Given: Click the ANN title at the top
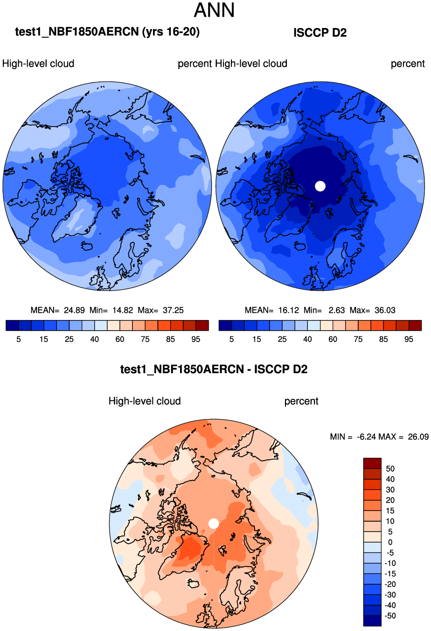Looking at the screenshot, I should pyautogui.click(x=215, y=10).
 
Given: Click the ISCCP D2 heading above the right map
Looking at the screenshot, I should pyautogui.click(x=320, y=33).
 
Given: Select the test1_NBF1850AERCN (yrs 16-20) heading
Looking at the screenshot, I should pyautogui.click(x=107, y=32).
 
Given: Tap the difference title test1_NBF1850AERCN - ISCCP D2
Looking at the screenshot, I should pyautogui.click(x=214, y=369).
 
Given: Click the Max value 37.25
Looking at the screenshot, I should pyautogui.click(x=173, y=310).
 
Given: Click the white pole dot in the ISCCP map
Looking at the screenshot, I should pyautogui.click(x=320, y=186).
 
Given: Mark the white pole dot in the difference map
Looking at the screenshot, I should pyautogui.click(x=214, y=524).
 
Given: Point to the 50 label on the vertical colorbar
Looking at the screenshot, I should pyautogui.click(x=390, y=468).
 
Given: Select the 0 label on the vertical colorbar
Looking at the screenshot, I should pyautogui.click(x=390, y=542).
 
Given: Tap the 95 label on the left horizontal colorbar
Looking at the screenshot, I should pyautogui.click(x=196, y=339).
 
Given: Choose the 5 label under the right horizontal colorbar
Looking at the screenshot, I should pyautogui.click(x=231, y=339).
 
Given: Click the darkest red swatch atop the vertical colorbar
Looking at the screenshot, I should pyautogui.click(x=372, y=463).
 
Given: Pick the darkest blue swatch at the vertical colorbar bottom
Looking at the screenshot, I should pyautogui.click(x=372, y=621).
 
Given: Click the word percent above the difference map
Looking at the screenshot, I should pyautogui.click(x=301, y=401).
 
